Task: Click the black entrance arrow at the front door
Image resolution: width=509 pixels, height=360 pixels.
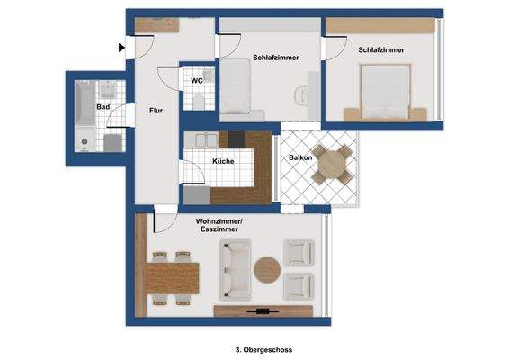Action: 121,48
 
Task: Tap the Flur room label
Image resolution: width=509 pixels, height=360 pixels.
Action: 156,110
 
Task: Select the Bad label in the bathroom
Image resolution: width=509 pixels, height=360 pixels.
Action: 103,107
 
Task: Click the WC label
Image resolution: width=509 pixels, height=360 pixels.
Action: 196,81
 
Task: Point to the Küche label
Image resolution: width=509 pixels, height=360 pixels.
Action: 224,161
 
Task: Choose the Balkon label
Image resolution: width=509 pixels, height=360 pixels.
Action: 300,157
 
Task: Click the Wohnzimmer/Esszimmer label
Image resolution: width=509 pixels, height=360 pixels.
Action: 218,225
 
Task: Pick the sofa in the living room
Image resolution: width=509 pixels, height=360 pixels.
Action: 237,270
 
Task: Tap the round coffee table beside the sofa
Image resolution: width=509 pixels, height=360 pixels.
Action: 267,269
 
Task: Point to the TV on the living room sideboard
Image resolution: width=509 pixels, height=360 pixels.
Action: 264,311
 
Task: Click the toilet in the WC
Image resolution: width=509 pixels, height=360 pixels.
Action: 196,100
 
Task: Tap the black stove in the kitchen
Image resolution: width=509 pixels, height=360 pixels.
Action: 237,139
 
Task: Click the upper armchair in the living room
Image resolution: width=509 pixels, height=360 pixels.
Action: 298,253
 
